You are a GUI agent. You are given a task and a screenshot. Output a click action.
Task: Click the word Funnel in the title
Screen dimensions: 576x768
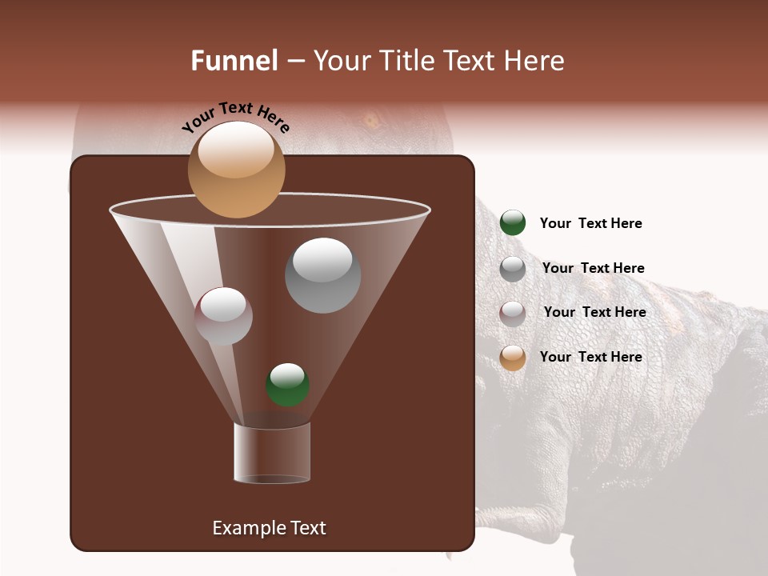point(234,61)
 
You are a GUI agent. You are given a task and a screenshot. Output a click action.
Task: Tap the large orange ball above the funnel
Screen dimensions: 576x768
point(236,170)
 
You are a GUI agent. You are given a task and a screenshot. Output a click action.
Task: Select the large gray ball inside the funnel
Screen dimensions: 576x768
point(322,275)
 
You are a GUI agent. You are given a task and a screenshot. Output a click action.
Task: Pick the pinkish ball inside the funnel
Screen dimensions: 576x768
point(223,316)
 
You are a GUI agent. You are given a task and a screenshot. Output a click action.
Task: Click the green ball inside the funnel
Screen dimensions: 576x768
point(287,385)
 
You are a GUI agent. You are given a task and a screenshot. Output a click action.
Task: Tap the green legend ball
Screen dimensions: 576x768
point(513,222)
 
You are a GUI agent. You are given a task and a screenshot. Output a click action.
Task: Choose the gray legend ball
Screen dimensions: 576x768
point(513,269)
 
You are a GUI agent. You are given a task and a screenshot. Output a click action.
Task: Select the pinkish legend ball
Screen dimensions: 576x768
point(513,313)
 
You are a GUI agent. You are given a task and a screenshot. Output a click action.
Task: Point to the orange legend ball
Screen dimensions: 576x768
point(513,358)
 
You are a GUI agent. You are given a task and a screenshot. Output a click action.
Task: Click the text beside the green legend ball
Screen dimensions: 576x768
point(590,223)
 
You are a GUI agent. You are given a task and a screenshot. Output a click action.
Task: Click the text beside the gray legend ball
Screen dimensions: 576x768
point(593,268)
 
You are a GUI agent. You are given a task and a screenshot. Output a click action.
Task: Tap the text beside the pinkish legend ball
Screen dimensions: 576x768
point(594,312)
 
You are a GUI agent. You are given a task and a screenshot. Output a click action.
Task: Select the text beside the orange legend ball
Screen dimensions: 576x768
point(590,357)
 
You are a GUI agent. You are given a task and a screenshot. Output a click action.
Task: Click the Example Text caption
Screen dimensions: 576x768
point(269,528)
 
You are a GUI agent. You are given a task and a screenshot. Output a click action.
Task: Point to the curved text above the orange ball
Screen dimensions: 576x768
point(235,118)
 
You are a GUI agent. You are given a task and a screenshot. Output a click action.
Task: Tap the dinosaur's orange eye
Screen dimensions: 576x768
point(371,121)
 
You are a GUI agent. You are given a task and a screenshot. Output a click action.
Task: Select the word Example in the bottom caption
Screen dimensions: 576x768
point(244,528)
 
